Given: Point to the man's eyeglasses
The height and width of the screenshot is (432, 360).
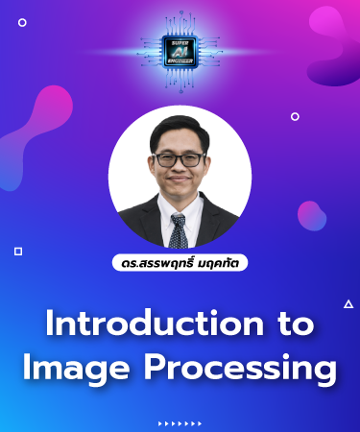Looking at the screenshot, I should click(x=180, y=157).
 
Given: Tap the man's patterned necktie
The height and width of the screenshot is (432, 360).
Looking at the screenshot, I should click(x=179, y=229).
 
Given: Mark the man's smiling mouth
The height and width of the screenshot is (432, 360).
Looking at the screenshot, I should click(x=180, y=187).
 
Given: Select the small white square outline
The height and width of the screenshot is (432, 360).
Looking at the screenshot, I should click(x=18, y=251).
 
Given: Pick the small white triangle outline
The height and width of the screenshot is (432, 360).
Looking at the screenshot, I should click(x=348, y=304).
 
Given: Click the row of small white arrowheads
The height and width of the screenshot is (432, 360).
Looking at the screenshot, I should click(x=180, y=422).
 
